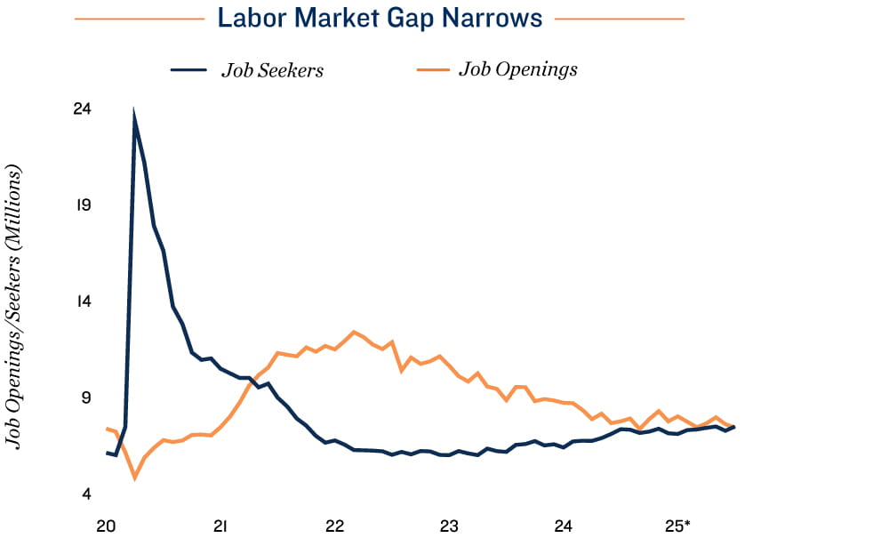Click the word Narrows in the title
click(496, 18)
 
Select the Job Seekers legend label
click(272, 70)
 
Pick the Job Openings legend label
click(518, 68)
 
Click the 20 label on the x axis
click(106, 526)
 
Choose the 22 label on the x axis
click(335, 526)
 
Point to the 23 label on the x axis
click(449, 526)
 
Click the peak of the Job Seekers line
click(134, 114)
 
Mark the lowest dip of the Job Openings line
click(135, 478)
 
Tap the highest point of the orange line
click(354, 332)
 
